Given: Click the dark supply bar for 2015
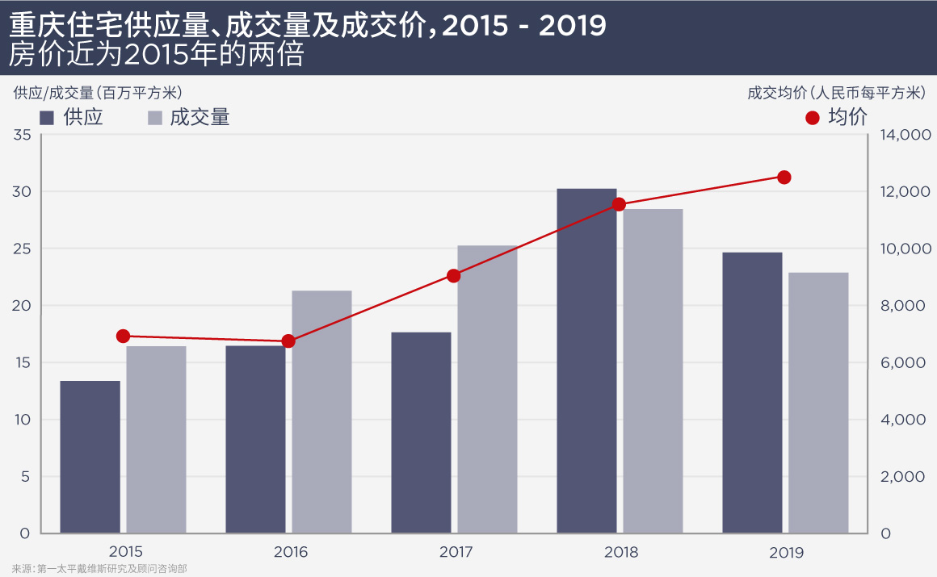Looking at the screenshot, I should [90, 457].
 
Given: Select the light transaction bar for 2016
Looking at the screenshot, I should [321, 412].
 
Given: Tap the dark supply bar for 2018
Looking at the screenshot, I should [587, 361].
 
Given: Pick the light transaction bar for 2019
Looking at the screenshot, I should [818, 403].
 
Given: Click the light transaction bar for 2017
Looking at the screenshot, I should [487, 389].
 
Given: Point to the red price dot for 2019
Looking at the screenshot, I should [784, 178].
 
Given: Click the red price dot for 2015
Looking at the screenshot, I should [123, 337].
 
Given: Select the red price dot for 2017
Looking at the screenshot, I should [454, 276].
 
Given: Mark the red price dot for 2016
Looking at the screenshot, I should [288, 341].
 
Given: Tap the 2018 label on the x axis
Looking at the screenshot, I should [620, 553].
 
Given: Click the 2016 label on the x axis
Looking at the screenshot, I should [291, 553].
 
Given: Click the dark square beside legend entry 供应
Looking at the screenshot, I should [46, 118].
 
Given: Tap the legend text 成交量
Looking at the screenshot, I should [200, 118].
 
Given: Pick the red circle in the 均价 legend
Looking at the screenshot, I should [813, 118].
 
